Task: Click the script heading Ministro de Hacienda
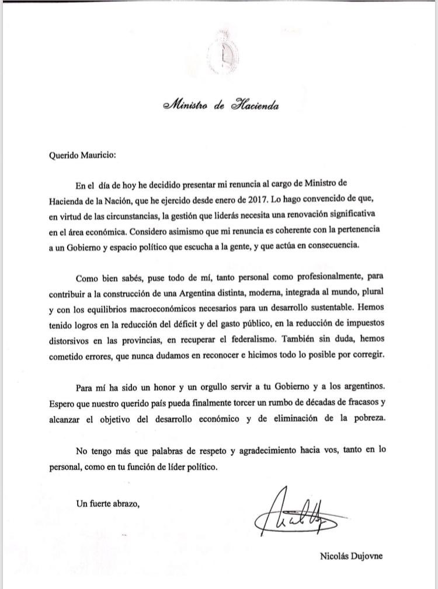pyautogui.click(x=220, y=106)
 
